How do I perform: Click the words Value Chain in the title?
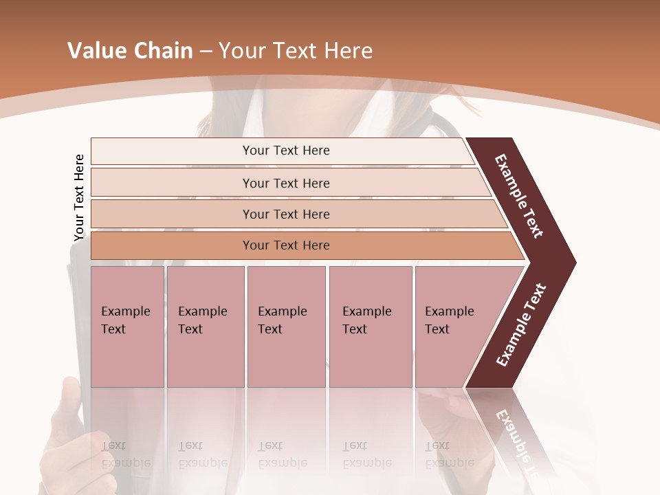coord(130,51)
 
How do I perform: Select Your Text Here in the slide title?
coord(296,51)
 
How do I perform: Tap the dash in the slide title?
coord(206,52)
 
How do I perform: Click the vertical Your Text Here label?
coord(79,198)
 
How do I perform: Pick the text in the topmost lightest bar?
coord(286,151)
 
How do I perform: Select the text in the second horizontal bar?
coord(286,183)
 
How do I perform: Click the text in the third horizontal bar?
coord(286,214)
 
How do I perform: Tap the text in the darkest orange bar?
coord(286,245)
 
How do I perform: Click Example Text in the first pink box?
coord(125,320)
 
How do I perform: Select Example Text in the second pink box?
coord(202,320)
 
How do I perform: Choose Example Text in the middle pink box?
coord(282,320)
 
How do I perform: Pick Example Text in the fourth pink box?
coord(366,320)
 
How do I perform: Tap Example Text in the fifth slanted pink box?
coord(449,320)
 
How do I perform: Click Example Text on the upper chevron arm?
coord(519,196)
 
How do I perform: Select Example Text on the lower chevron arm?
coord(521,325)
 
